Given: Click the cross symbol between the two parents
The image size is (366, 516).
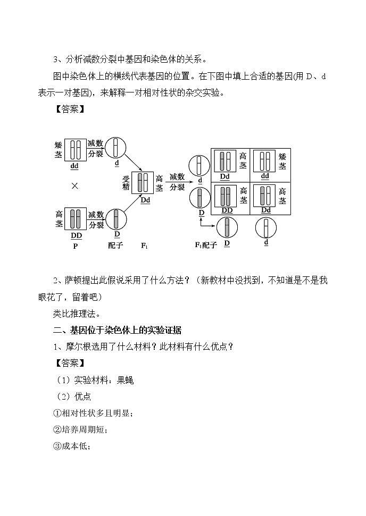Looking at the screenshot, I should (x=75, y=186).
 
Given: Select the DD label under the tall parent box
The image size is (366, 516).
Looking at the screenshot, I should (x=76, y=235).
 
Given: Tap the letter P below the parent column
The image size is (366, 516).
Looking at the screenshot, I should (x=75, y=246).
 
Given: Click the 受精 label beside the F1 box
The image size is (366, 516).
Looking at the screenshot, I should (x=126, y=182).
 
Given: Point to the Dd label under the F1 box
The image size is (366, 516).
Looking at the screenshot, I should (x=146, y=200).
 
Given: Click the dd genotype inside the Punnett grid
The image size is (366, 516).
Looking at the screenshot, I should (x=265, y=176).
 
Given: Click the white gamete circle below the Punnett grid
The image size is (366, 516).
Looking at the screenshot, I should (x=266, y=229).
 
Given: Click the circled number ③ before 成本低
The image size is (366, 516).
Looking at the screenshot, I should (x=58, y=446).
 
